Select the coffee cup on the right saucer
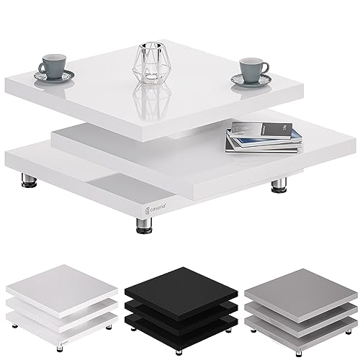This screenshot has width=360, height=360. (x=253, y=69)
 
